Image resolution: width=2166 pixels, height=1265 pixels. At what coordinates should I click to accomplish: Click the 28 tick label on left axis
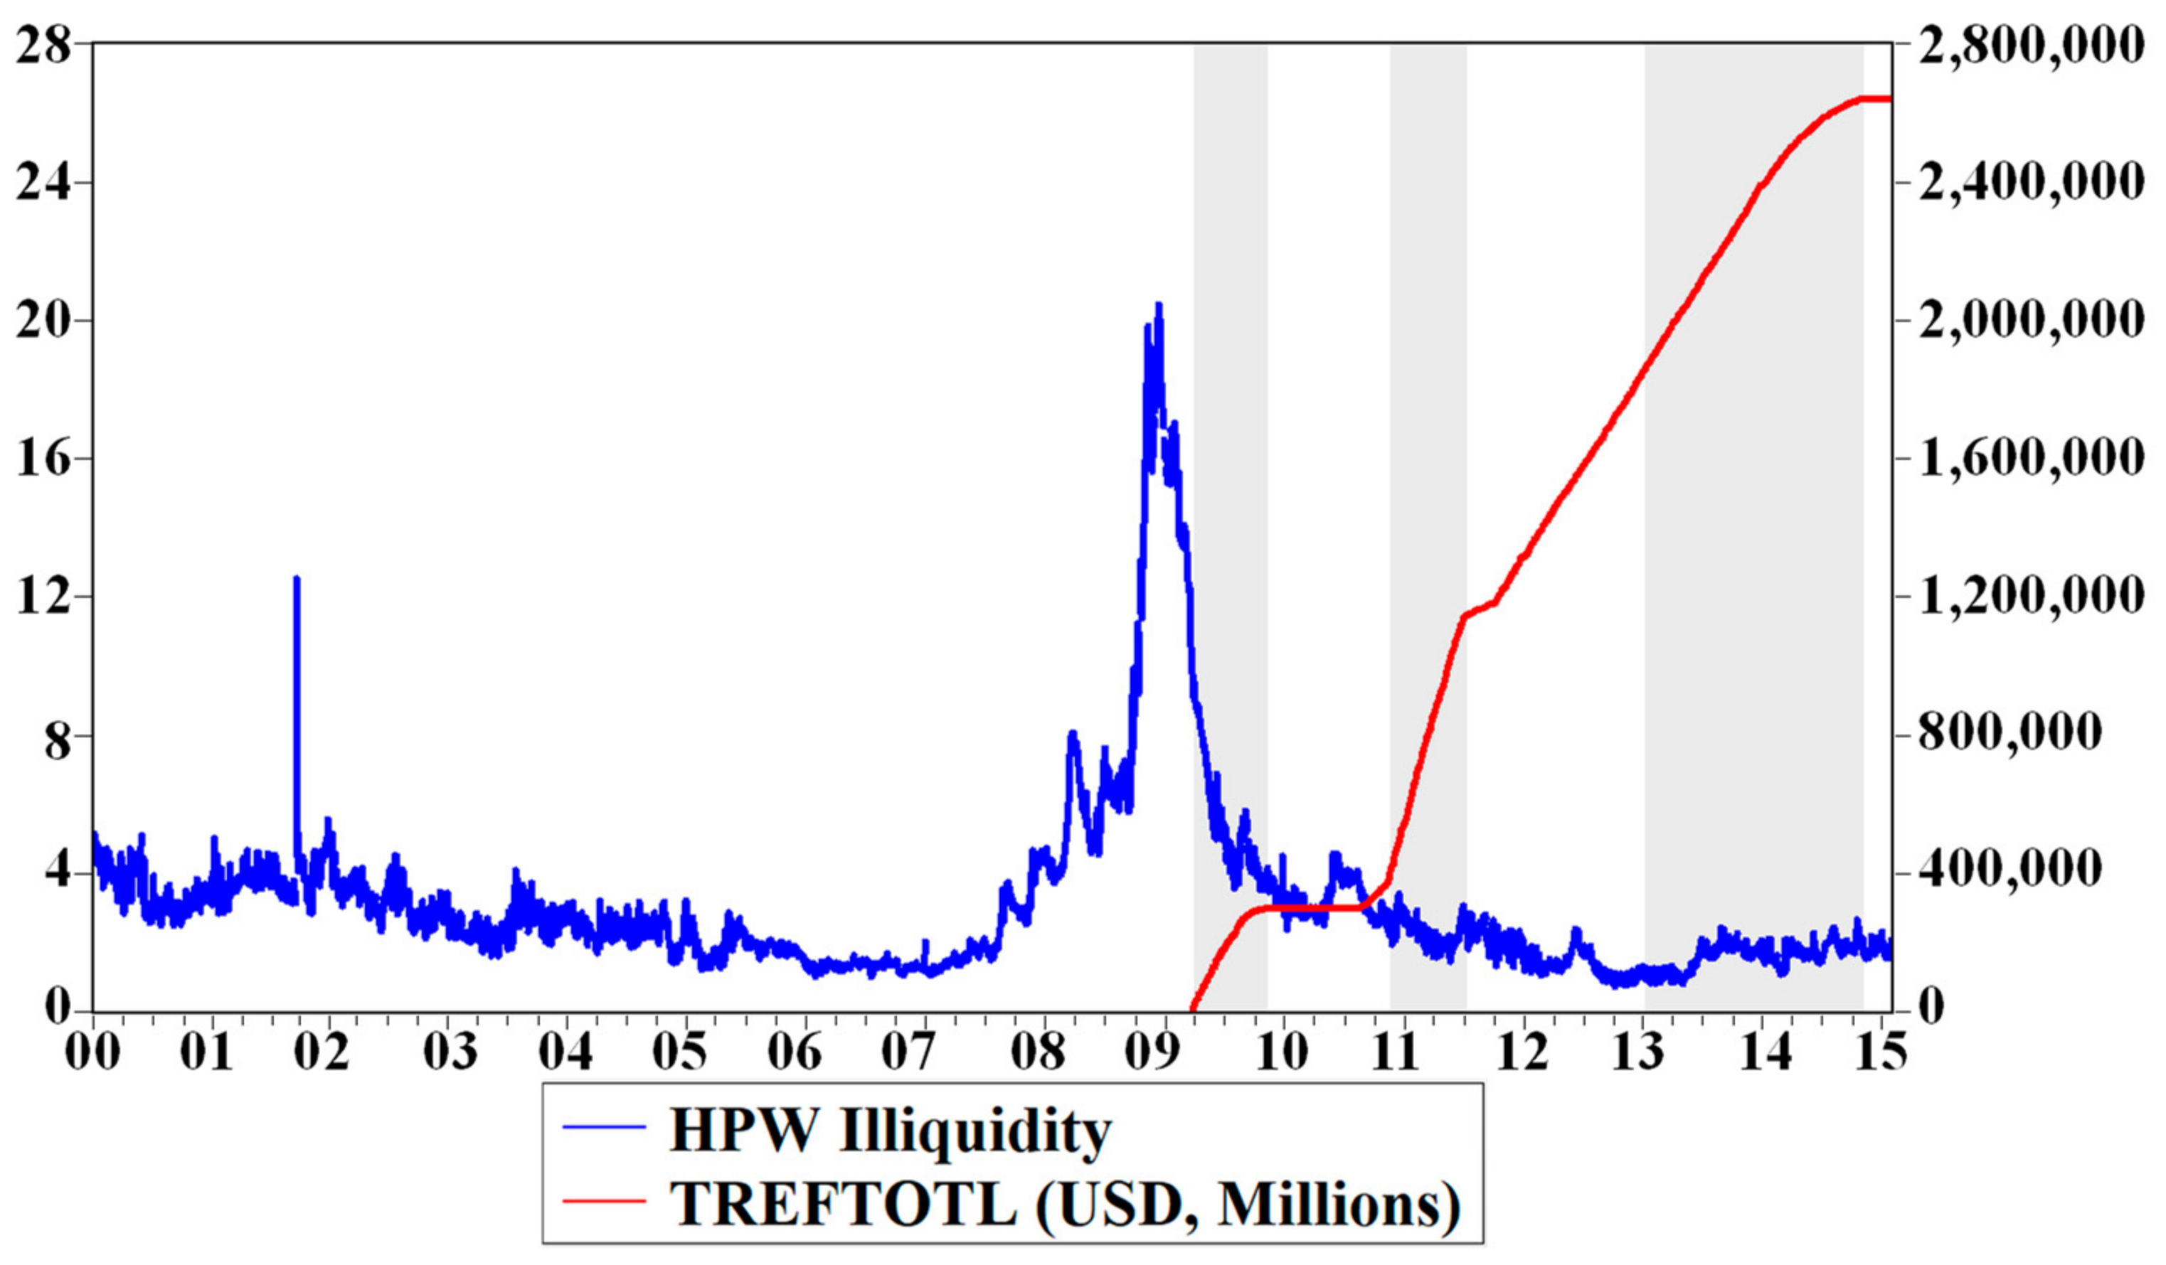pyautogui.click(x=43, y=45)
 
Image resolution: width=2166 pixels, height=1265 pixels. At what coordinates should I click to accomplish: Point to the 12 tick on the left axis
pyautogui.click(x=43, y=597)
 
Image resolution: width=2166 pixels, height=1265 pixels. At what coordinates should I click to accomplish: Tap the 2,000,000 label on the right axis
pyautogui.click(x=2030, y=321)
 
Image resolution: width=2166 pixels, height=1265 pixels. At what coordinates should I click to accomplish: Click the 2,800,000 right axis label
pyautogui.click(x=2030, y=45)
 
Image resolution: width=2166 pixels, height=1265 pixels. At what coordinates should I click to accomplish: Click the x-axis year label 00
pyautogui.click(x=92, y=1051)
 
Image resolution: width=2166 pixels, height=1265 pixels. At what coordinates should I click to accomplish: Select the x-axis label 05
pyautogui.click(x=679, y=1051)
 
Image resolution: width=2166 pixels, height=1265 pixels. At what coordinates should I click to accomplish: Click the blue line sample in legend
pyautogui.click(x=604, y=1126)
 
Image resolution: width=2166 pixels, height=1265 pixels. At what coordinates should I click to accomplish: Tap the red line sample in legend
pyautogui.click(x=604, y=1200)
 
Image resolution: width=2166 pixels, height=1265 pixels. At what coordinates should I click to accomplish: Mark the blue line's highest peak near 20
pyautogui.click(x=1159, y=305)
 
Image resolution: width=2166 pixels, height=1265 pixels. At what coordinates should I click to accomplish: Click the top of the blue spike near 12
pyautogui.click(x=297, y=578)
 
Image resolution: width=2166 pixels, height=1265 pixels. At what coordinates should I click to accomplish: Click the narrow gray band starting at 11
pyautogui.click(x=1428, y=516)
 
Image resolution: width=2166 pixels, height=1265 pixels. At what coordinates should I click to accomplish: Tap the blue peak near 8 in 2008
pyautogui.click(x=1072, y=733)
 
